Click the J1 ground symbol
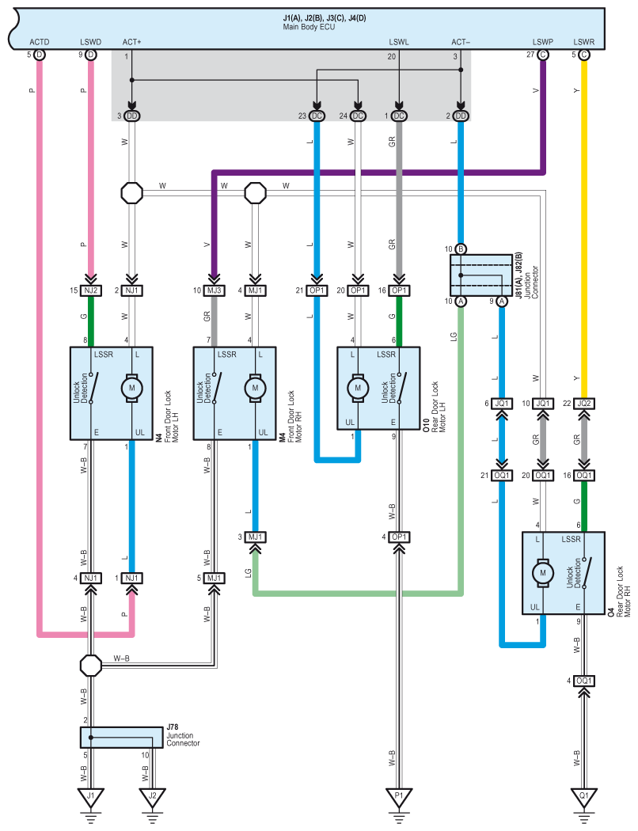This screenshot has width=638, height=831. (x=90, y=799)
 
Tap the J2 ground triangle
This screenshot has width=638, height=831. (x=152, y=799)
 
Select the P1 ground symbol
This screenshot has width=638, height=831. (x=399, y=799)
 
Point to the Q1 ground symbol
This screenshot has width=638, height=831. (x=584, y=799)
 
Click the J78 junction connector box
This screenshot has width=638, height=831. (x=121, y=737)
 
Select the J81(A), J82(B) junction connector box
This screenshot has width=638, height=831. (x=481, y=275)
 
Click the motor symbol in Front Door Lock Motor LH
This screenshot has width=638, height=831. (x=132, y=388)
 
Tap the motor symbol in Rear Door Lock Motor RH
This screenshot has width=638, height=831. (x=543, y=573)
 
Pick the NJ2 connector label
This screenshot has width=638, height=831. (x=90, y=290)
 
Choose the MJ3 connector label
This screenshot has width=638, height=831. (x=214, y=290)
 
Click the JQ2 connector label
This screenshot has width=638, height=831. (x=584, y=404)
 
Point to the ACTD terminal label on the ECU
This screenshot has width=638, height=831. (x=40, y=42)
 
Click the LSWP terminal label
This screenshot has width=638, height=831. (x=543, y=42)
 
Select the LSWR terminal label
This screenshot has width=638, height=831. (x=584, y=42)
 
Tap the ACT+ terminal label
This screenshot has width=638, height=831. (x=132, y=42)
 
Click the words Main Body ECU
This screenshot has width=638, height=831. (x=309, y=26)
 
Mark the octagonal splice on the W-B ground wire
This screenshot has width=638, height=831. (x=90, y=665)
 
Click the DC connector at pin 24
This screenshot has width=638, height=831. (x=359, y=116)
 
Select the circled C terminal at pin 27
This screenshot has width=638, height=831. (x=543, y=55)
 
